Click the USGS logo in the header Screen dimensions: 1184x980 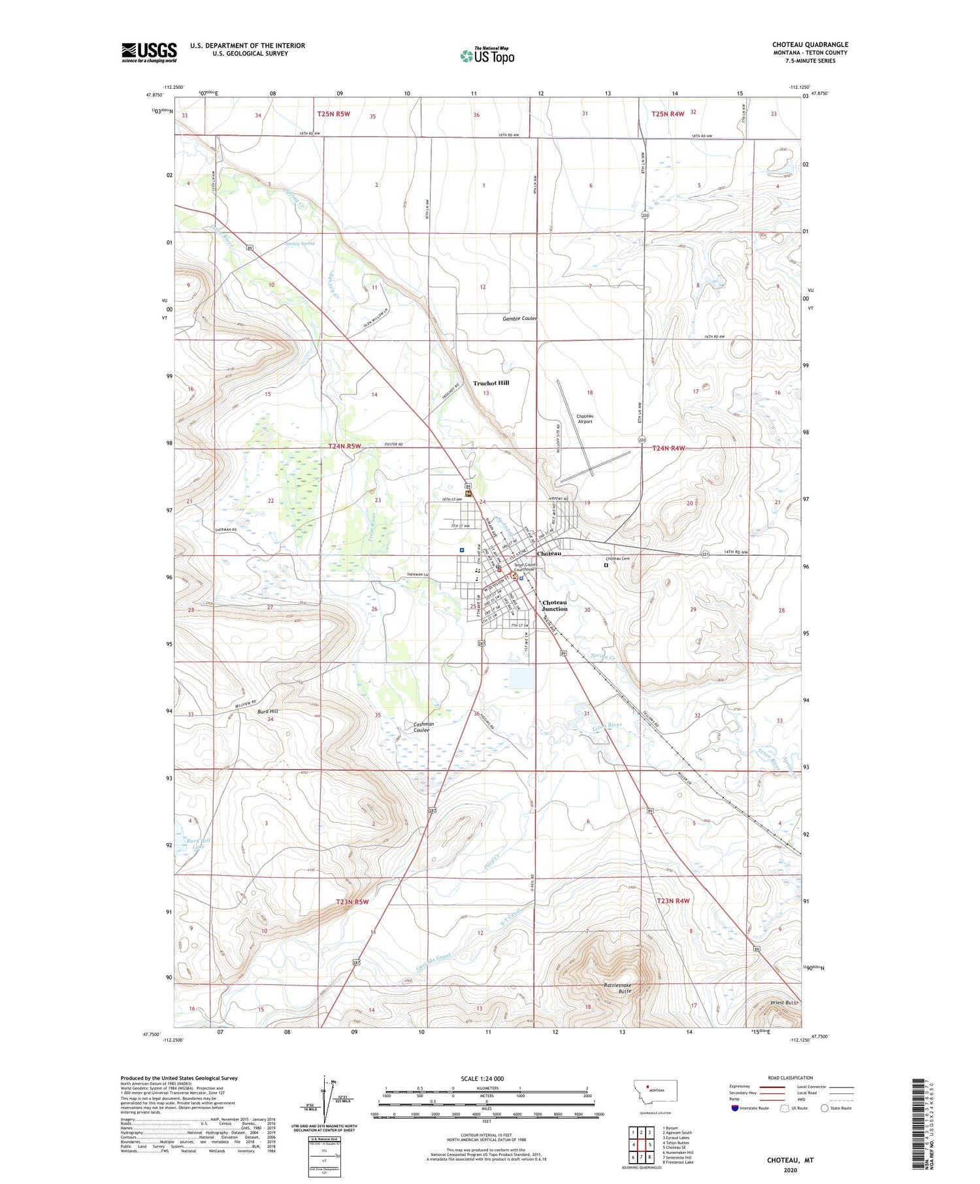tap(149, 52)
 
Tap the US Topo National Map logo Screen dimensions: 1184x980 tap(487, 56)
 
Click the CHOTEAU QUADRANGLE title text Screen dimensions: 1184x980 tap(809, 44)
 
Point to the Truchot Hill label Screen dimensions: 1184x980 tap(491, 383)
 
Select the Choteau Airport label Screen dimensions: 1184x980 tap(585, 419)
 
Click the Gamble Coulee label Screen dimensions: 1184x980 tap(519, 319)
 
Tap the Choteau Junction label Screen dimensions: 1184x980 tap(555, 605)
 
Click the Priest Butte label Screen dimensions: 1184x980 tap(783, 1002)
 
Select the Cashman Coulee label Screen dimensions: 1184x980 tap(423, 727)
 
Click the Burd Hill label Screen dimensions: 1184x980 tap(267, 711)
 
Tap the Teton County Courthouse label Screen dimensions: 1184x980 tap(525, 567)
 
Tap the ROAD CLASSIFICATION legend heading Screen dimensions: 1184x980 tap(791, 1078)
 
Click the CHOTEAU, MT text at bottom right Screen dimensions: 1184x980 tap(790, 1160)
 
